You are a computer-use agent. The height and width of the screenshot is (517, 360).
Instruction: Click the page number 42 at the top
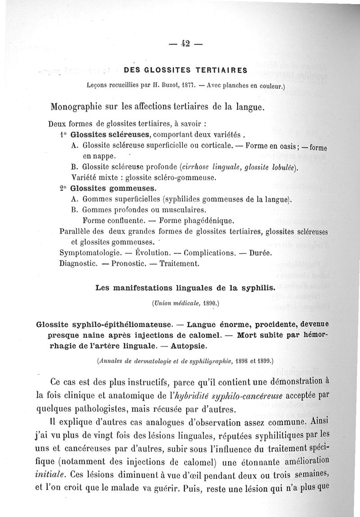pos(185,44)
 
